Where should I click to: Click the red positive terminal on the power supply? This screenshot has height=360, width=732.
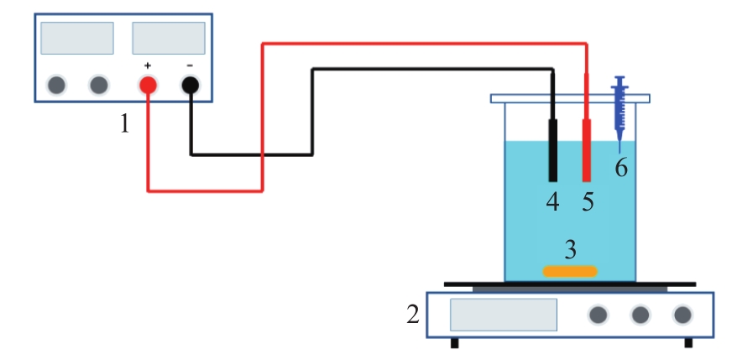pos(148,86)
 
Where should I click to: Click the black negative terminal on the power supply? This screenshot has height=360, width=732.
pos(190,86)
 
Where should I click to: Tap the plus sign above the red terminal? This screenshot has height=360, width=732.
pos(148,65)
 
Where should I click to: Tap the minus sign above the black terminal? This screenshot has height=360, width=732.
pos(190,65)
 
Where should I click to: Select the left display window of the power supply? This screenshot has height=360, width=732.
pos(77,38)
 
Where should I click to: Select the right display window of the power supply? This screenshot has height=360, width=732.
pos(169,38)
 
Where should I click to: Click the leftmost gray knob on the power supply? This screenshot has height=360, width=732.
pos(56,86)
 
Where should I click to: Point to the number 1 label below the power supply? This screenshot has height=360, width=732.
pos(124,123)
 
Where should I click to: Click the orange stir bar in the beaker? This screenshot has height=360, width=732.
pos(570,271)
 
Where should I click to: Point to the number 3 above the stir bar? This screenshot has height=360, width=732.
pos(571,250)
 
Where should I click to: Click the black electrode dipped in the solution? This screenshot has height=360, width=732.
pos(552,150)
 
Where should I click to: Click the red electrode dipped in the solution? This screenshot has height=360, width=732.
pos(587,150)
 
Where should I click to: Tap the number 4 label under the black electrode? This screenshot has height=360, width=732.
pos(552,202)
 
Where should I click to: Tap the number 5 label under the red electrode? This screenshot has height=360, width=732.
pos(588,202)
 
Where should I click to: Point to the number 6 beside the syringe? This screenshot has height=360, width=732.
pos(621,167)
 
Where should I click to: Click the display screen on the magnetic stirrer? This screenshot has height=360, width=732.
pos(504,315)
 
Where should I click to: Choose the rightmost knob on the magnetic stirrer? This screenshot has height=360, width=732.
pos(682,315)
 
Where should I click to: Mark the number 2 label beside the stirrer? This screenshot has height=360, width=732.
pos(413,315)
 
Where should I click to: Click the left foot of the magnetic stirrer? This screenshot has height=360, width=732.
pos(454,343)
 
